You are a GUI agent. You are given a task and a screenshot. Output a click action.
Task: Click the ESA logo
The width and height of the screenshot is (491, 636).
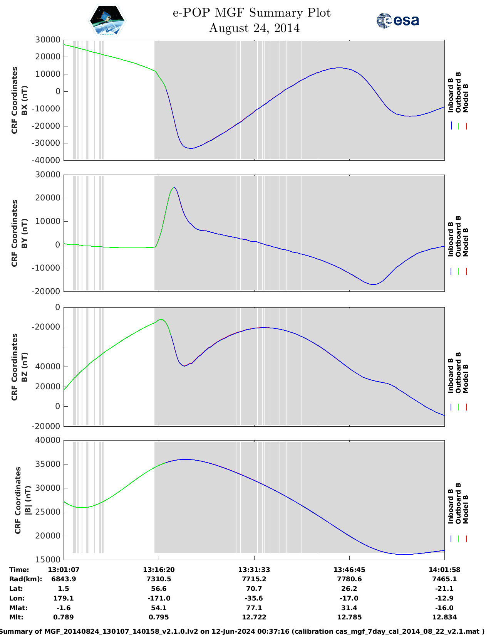397,20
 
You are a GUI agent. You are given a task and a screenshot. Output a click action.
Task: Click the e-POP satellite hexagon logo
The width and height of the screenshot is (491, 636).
107,21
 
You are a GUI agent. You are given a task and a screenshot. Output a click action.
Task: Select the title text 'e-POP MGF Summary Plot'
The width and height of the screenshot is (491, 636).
251,13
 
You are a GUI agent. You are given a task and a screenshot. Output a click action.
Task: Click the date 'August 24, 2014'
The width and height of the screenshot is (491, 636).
254,28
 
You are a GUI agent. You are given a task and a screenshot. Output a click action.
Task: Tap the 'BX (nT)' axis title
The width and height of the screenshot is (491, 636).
24,100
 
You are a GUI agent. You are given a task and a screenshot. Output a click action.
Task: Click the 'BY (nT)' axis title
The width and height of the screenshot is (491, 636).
24,233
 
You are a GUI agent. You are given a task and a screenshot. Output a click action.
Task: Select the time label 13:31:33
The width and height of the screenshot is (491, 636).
254,569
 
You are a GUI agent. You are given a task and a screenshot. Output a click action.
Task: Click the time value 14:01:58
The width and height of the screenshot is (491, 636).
444,569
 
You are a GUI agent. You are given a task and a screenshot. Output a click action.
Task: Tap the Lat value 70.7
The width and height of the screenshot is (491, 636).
254,589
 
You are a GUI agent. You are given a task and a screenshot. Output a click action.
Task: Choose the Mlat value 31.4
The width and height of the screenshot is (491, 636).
349,608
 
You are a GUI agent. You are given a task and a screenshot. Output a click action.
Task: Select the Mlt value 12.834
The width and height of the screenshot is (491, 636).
444,617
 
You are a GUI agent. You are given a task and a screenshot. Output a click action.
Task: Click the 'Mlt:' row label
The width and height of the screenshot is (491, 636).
16,617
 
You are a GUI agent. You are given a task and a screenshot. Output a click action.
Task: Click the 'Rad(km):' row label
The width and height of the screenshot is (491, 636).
26,579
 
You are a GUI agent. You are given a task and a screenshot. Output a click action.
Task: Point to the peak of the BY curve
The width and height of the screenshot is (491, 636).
174,188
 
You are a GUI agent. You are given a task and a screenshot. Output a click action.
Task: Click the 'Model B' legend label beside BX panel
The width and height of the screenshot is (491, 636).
466,98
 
